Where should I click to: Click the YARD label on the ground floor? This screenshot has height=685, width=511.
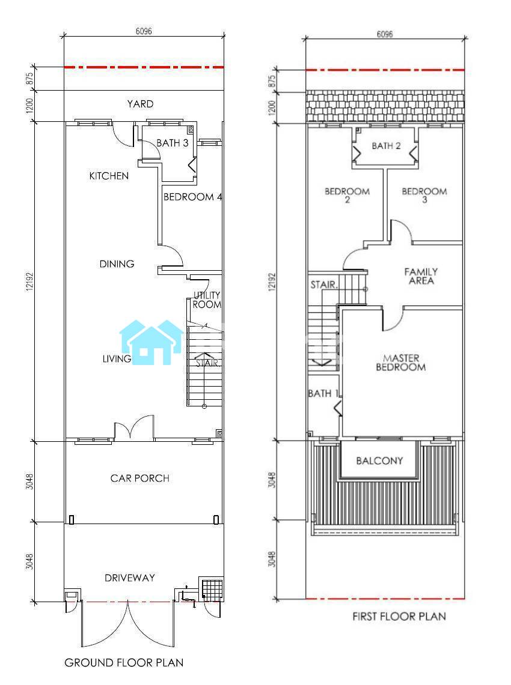(141, 104)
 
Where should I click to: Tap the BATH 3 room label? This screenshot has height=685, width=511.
(173, 143)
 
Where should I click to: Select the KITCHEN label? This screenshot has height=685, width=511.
(109, 176)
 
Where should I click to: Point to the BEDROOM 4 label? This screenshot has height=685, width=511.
(192, 197)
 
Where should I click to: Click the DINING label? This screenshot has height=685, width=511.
(117, 264)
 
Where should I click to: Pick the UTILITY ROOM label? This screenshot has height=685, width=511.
(207, 300)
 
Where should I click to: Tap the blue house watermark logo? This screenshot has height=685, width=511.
(151, 342)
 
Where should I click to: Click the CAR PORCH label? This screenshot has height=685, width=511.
(140, 478)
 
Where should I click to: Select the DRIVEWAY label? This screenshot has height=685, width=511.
(129, 578)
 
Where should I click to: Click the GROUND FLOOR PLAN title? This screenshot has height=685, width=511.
(124, 663)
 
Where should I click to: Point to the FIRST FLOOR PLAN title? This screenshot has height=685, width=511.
(399, 617)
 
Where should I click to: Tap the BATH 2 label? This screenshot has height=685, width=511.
(387, 146)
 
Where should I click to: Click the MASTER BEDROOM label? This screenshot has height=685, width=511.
(401, 363)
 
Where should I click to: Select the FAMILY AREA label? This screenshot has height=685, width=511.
(421, 277)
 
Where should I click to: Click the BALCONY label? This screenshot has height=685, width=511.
(379, 460)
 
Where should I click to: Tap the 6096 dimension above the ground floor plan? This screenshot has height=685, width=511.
(144, 31)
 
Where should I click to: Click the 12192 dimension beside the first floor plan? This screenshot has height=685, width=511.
(272, 282)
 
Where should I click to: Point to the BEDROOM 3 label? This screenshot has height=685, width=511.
(424, 195)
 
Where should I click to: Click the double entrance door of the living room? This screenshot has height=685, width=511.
(134, 427)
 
